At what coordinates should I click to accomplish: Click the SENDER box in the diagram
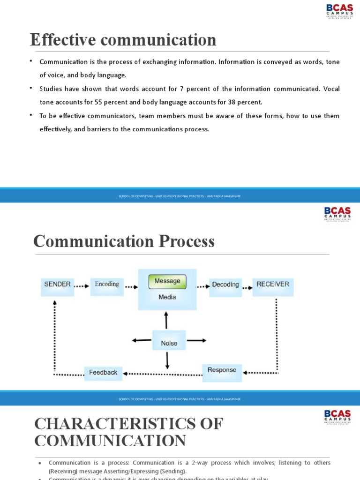[57, 284]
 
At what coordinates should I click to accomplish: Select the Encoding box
[107, 284]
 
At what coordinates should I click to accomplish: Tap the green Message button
[167, 281]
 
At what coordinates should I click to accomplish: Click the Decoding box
[225, 285]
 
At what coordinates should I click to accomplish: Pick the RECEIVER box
[272, 284]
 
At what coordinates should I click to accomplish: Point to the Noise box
[169, 343]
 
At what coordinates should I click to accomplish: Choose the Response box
[222, 370]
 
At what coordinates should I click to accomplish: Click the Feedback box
[103, 372]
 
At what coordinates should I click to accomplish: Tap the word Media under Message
[167, 297]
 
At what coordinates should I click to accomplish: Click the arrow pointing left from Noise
[142, 340]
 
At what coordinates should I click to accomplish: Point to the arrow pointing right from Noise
[196, 340]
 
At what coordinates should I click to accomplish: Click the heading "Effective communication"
[123, 40]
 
